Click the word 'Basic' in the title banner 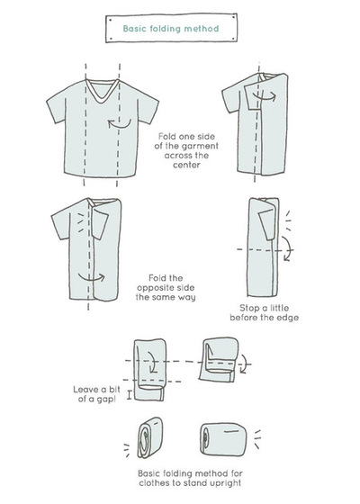coord(133,28)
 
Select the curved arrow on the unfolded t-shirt coord(119,123)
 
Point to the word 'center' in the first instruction coord(187,166)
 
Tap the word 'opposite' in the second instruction coord(166,288)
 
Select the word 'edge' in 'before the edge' coord(287,318)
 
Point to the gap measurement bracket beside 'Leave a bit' coord(130,395)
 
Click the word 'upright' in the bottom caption coord(225,483)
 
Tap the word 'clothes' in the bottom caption coord(153,482)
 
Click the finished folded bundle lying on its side coord(223,439)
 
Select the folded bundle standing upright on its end coord(150,437)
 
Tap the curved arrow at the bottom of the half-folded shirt coord(92,277)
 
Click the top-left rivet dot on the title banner coord(110,20)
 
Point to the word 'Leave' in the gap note coord(85,390)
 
